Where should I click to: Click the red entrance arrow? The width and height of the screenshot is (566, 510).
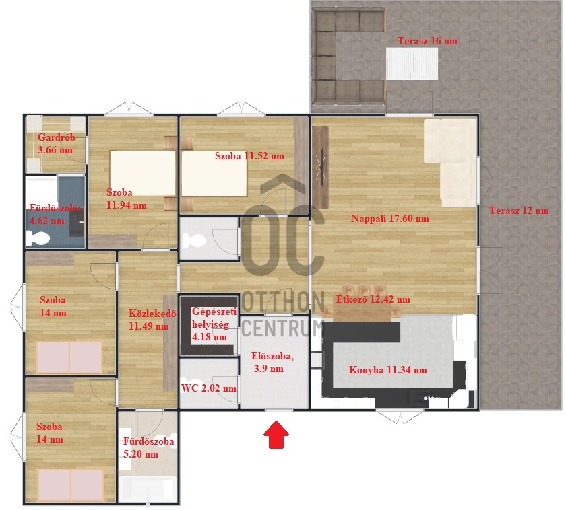275,434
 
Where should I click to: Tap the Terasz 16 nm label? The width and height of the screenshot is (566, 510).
427,41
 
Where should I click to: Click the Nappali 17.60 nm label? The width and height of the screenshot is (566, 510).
390,218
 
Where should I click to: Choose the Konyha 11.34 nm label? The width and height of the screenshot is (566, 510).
387,370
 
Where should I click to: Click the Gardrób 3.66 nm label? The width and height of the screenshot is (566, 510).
55,143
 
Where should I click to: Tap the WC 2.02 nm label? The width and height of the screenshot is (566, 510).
208,388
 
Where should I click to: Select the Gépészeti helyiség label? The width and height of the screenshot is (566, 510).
212,324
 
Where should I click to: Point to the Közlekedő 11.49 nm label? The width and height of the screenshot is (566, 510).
148,319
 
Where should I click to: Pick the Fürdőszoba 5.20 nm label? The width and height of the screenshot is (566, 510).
149,448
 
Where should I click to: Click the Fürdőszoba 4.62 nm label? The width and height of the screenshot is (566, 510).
56,213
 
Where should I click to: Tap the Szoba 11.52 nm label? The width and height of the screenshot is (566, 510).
249,156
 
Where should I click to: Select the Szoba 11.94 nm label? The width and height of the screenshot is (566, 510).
126,198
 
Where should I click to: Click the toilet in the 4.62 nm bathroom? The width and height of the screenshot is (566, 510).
37,238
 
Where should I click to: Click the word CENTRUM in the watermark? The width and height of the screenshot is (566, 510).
281,328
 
